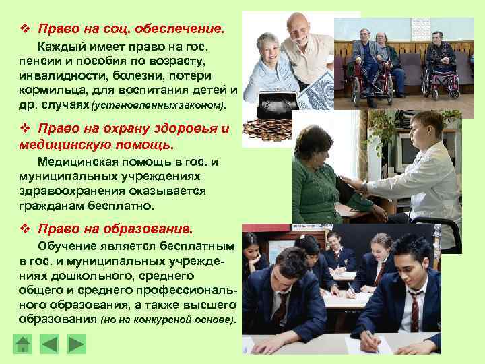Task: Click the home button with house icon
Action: [24, 344]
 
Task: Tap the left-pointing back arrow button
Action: [50, 344]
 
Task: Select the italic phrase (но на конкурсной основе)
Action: [168, 320]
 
